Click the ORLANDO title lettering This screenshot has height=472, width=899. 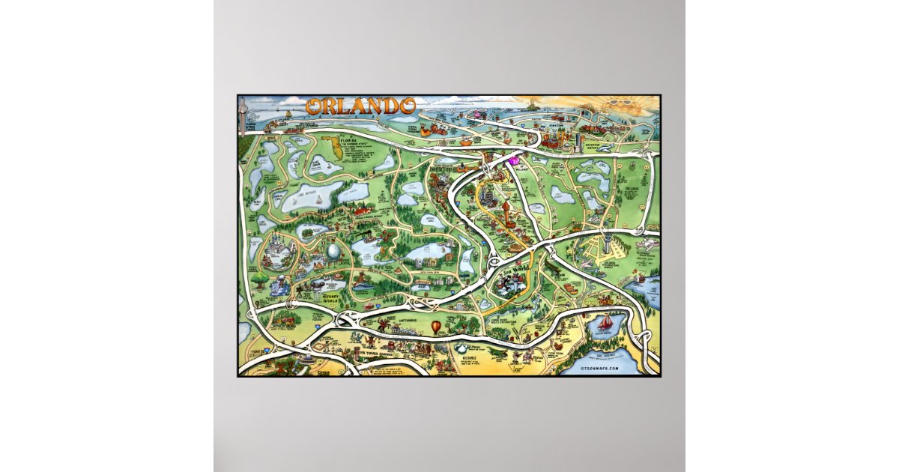click(x=360, y=106)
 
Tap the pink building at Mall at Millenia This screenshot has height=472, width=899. click(x=515, y=160)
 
